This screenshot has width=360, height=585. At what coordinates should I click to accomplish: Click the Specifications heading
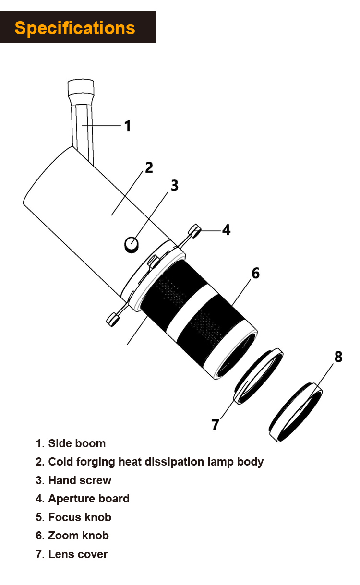click(x=75, y=28)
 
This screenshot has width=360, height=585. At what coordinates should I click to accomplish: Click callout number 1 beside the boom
click(x=127, y=126)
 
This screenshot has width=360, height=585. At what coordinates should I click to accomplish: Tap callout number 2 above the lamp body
click(x=149, y=167)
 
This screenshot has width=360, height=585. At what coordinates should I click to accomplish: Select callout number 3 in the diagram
click(x=174, y=185)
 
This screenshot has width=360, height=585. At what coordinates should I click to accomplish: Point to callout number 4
click(x=226, y=230)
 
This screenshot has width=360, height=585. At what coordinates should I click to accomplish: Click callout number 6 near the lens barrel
click(x=255, y=273)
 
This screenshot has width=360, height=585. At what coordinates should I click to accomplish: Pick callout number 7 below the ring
click(x=215, y=424)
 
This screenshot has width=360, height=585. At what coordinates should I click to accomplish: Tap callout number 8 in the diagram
click(x=338, y=357)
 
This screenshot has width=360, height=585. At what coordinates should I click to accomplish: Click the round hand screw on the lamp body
click(x=131, y=245)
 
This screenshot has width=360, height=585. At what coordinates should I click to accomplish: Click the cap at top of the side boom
click(x=81, y=89)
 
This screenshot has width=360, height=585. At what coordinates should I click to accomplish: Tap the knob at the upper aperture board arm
click(x=195, y=231)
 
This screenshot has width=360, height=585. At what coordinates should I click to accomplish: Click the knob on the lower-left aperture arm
click(x=113, y=319)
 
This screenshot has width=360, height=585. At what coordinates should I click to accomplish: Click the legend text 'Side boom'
click(x=77, y=443)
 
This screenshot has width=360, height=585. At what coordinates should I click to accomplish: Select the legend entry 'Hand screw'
click(x=80, y=480)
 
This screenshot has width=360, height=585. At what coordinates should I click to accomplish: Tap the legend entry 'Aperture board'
click(x=89, y=499)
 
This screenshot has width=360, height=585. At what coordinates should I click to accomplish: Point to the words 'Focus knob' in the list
click(x=80, y=517)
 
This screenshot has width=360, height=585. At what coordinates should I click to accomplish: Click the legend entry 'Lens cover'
click(x=78, y=554)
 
